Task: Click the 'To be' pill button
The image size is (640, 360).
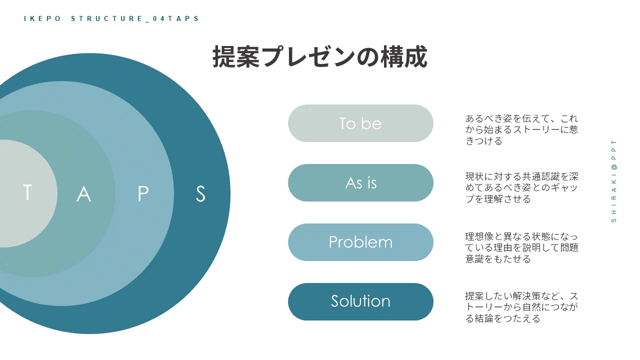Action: pyautogui.click(x=360, y=123)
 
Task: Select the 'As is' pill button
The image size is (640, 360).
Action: pyautogui.click(x=360, y=183)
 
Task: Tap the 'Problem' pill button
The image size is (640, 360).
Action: pyautogui.click(x=360, y=242)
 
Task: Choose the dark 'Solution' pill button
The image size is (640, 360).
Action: pyautogui.click(x=360, y=301)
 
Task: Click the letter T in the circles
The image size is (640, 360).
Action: pyautogui.click(x=27, y=193)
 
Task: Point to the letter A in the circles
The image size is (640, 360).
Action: pyautogui.click(x=84, y=194)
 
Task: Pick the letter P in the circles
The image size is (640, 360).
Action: pyautogui.click(x=143, y=194)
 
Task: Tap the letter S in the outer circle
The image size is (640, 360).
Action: pyautogui.click(x=200, y=194)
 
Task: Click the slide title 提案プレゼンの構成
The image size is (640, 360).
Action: pyautogui.click(x=320, y=57)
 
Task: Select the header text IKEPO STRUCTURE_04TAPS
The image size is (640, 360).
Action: pyautogui.click(x=111, y=19)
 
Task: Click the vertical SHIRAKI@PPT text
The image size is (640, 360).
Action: pyautogui.click(x=614, y=180)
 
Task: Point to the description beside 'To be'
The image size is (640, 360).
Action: pyautogui.click(x=521, y=130)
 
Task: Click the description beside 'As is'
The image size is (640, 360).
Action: pyautogui.click(x=521, y=188)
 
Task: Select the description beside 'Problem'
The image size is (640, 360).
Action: pyautogui.click(x=521, y=247)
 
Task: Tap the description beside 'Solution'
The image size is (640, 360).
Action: pyautogui.click(x=521, y=307)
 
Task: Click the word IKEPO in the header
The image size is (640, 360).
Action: pyautogui.click(x=42, y=19)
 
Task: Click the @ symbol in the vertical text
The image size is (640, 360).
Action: pyautogui.click(x=614, y=166)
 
